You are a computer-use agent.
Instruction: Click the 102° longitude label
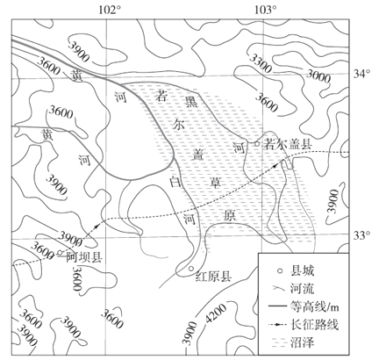point(110,10)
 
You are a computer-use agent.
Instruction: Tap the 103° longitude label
point(266,10)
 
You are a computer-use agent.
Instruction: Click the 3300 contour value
point(261,63)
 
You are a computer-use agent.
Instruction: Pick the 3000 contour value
point(318,76)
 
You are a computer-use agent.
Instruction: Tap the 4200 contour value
point(216,314)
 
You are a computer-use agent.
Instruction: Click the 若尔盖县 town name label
point(288,144)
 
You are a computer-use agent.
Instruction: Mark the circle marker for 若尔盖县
point(257,144)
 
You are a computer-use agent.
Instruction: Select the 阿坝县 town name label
point(83,257)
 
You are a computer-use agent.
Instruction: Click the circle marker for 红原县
point(191,268)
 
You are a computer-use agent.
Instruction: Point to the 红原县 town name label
point(214,277)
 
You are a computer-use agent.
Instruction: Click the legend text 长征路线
point(314,325)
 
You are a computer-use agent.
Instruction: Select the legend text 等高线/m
point(316,307)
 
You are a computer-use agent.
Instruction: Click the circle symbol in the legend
point(280,271)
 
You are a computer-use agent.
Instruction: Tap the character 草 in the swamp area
point(217,183)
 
